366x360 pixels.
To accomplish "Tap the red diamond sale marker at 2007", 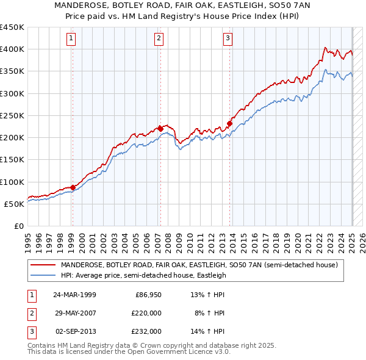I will tap(160, 128).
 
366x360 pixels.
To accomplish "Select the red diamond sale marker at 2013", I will tap(230, 123).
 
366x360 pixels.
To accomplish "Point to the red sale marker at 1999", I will tap(73, 187).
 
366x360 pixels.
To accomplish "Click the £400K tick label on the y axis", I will tap(12, 49).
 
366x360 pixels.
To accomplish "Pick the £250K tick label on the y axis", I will tap(12, 115).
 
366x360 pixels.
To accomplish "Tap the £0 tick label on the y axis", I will tap(19, 226).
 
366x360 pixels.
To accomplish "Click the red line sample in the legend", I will tap(43, 265).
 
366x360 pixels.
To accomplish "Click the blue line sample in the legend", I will tap(43, 275).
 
